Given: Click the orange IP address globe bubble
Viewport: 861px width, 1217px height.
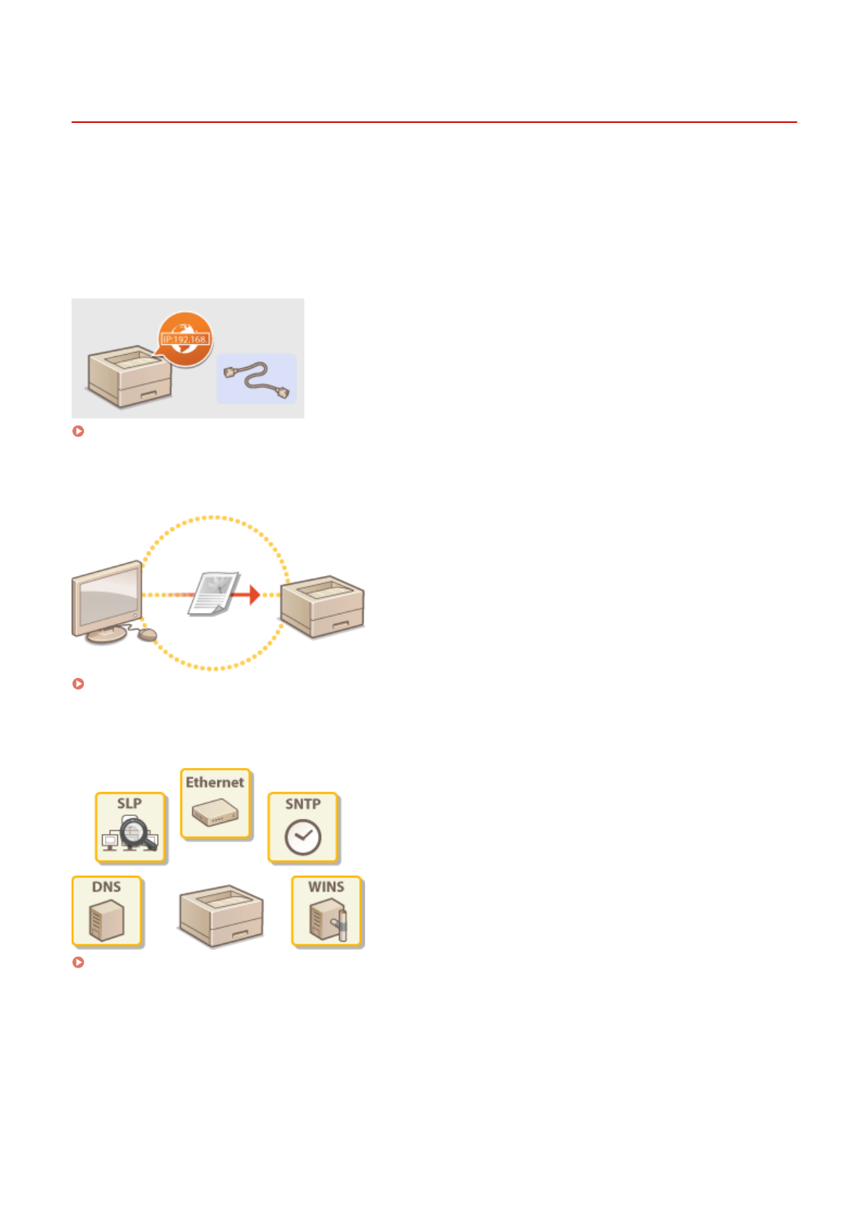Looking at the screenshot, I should (186, 338).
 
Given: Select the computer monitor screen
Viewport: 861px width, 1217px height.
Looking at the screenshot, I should (108, 595).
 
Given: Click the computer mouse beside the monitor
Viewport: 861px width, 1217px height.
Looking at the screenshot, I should (147, 635).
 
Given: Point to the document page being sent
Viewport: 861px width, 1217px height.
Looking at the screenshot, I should (214, 593).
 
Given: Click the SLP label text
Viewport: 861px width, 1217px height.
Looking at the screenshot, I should (129, 804).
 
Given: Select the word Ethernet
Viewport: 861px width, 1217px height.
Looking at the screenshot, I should (215, 782).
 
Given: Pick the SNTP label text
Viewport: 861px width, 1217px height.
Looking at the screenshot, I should (303, 804).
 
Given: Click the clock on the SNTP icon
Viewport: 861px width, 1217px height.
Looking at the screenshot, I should (303, 838).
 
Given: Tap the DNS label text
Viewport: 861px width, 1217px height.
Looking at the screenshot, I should (106, 887).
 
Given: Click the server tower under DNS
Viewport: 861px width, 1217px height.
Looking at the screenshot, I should (106, 920).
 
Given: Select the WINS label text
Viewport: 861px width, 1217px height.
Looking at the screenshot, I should (326, 887).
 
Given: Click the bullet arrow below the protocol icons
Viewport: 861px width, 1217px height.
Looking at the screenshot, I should (79, 963).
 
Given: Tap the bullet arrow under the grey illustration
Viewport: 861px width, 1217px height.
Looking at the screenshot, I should (79, 431).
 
